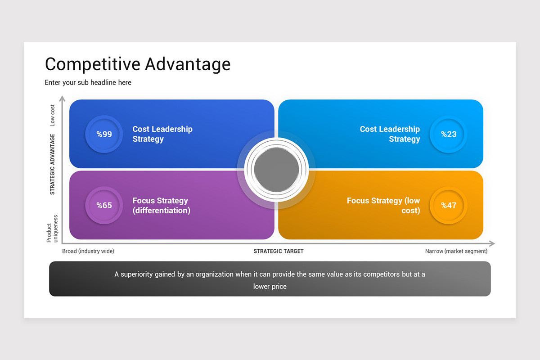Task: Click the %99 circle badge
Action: [x=104, y=134]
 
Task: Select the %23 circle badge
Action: [x=448, y=134]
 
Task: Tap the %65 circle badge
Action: [x=104, y=206]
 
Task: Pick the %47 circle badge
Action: [x=448, y=206]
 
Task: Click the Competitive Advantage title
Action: [x=138, y=64]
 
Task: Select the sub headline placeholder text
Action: [x=88, y=83]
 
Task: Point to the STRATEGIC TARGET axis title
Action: [x=279, y=251]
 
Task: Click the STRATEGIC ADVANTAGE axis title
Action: [x=52, y=164]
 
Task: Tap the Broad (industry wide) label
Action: [x=88, y=251]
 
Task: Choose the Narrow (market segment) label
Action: [x=456, y=251]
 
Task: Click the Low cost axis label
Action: [x=52, y=115]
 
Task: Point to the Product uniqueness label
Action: [x=52, y=229]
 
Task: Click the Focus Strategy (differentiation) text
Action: [x=161, y=206]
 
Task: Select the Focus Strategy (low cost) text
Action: [x=383, y=206]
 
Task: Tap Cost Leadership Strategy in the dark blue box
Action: [x=162, y=134]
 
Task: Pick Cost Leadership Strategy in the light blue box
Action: [x=390, y=134]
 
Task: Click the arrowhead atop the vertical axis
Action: [x=63, y=99]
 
